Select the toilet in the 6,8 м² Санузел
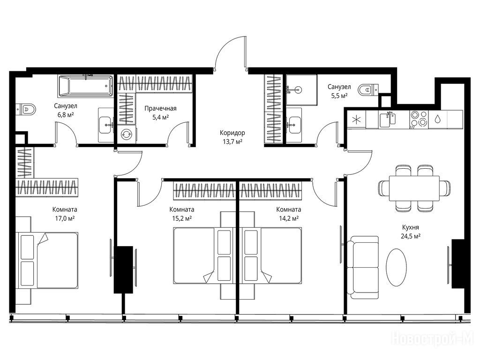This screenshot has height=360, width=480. pyautogui.click(x=26, y=109)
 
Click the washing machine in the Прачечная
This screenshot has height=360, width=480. pyautogui.click(x=127, y=134)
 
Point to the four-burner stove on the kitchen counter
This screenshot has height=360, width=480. pyautogui.click(x=419, y=119)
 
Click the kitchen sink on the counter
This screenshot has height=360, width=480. pyautogui.click(x=388, y=119)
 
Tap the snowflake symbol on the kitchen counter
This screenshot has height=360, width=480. pyautogui.click(x=357, y=120)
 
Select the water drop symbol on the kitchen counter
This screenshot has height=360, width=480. pyautogui.click(x=437, y=119)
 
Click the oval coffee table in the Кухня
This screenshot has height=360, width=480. pyautogui.click(x=397, y=267)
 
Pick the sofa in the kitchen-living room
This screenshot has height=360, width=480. pyautogui.click(x=363, y=267)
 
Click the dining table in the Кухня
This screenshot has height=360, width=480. pyautogui.click(x=414, y=188)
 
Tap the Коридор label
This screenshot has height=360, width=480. pyautogui.click(x=232, y=133)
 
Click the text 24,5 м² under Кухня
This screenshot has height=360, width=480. pyautogui.click(x=410, y=236)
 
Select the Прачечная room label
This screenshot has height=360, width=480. pyautogui.click(x=160, y=108)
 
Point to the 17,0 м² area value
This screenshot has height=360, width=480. pyautogui.click(x=65, y=218)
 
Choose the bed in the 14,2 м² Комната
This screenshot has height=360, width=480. pyautogui.click(x=270, y=255)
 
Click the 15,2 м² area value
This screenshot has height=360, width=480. pyautogui.click(x=182, y=218)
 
